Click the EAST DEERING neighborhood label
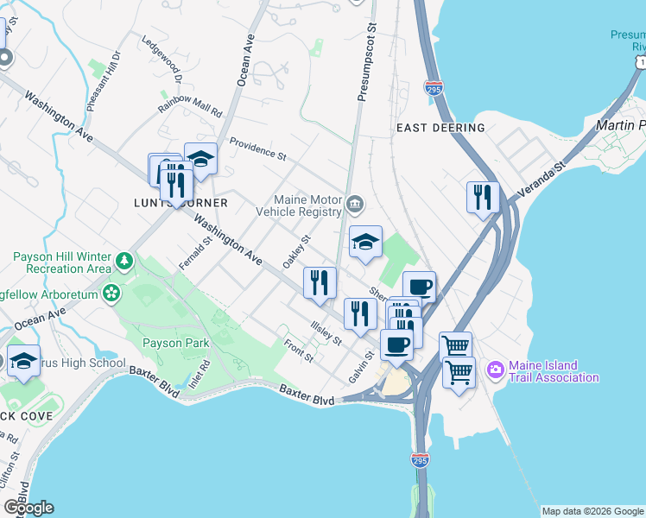[440, 128]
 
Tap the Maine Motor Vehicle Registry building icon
[355, 205]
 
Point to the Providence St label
[257, 148]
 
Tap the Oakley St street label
[295, 251]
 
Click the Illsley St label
[326, 333]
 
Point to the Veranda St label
[541, 179]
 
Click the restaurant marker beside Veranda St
[483, 197]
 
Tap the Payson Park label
[175, 344]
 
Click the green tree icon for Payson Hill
[124, 259]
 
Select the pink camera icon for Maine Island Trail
[495, 370]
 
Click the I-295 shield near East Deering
[434, 88]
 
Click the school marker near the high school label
[23, 362]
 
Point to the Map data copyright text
[592, 511]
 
